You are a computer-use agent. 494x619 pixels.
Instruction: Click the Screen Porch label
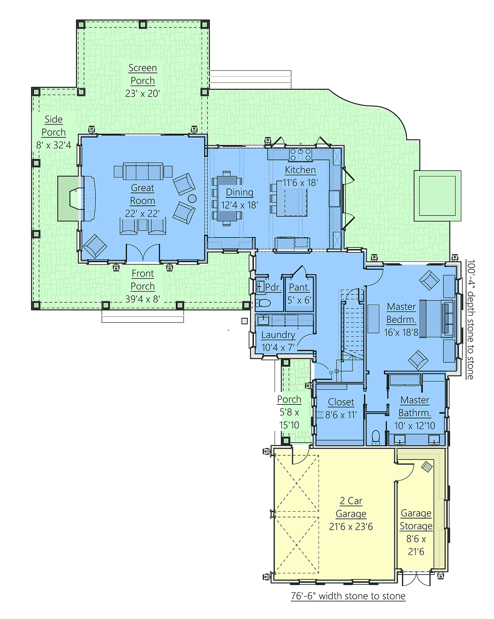[142, 74]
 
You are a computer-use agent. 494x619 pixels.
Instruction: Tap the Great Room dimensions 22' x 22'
[142, 213]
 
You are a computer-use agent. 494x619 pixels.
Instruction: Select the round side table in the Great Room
[192, 198]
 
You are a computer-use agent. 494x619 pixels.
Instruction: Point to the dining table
[227, 199]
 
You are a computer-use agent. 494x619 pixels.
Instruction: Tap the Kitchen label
[300, 170]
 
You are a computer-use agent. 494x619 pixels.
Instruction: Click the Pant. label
[299, 287]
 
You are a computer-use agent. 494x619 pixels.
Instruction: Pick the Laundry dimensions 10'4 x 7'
[278, 348]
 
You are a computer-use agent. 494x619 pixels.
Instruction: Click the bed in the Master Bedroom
[436, 318]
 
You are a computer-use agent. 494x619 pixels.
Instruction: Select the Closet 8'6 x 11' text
[341, 408]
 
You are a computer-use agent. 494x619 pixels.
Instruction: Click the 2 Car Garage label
[351, 507]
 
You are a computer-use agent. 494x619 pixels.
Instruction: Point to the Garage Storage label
[416, 519]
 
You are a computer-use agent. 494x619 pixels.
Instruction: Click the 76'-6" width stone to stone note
[348, 596]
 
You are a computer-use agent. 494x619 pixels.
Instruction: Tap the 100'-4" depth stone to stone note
[471, 320]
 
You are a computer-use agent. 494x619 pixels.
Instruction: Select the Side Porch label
[54, 126]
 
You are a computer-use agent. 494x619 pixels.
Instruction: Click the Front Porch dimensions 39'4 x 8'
[142, 299]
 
